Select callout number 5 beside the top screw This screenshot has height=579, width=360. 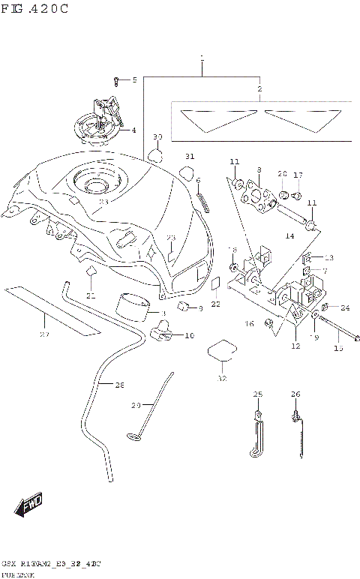pos(134,80)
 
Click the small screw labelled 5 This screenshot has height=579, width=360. pos(117,79)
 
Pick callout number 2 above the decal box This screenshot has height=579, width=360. pos(260,88)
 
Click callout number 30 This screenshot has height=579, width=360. pos(157,137)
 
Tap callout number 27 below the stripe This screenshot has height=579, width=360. pos(44,334)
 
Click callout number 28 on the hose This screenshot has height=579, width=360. pos(118,385)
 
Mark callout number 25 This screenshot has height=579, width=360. pos(258,394)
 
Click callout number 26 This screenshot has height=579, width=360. pos(295,394)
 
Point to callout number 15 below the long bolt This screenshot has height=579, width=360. pos(338,348)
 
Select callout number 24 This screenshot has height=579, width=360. pos(344,307)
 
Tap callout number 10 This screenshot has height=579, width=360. pos(189,335)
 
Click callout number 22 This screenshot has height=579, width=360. pos(215,304)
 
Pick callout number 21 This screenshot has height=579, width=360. pos(91,296)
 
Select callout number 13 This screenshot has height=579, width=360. pos(328,257)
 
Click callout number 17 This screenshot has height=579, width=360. pos(298,175)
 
